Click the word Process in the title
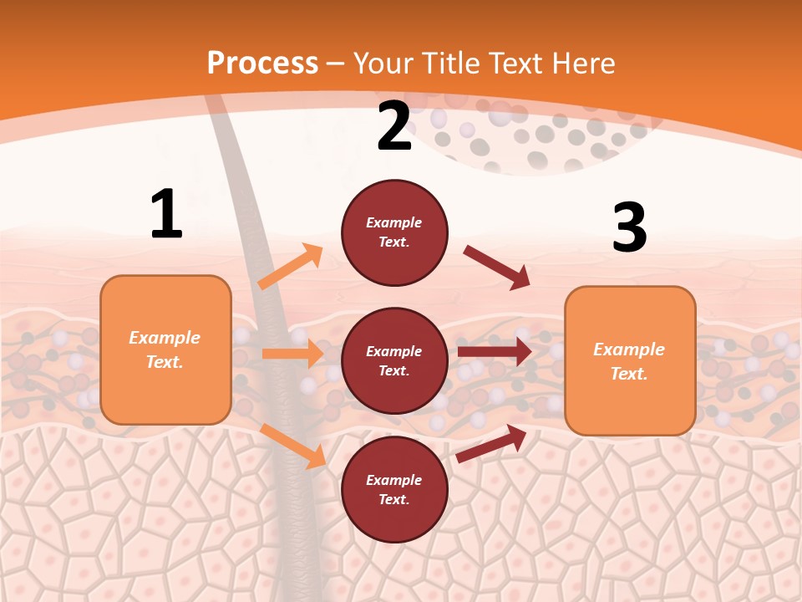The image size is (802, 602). [262, 64]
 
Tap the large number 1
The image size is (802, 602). [166, 214]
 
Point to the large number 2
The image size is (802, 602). [394, 127]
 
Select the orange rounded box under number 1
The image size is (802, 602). [165, 349]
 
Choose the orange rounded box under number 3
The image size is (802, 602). [630, 360]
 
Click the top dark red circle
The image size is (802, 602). [394, 232]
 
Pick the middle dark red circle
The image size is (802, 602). [394, 360]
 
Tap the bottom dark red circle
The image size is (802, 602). [394, 489]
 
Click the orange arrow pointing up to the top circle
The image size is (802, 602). [291, 267]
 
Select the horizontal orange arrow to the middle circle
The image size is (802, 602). [292, 354]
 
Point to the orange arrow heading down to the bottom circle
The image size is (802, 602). [293, 445]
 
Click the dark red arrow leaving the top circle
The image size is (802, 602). [496, 268]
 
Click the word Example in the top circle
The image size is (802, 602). [394, 222]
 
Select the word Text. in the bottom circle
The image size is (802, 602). [394, 499]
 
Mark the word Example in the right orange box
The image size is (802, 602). [629, 349]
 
